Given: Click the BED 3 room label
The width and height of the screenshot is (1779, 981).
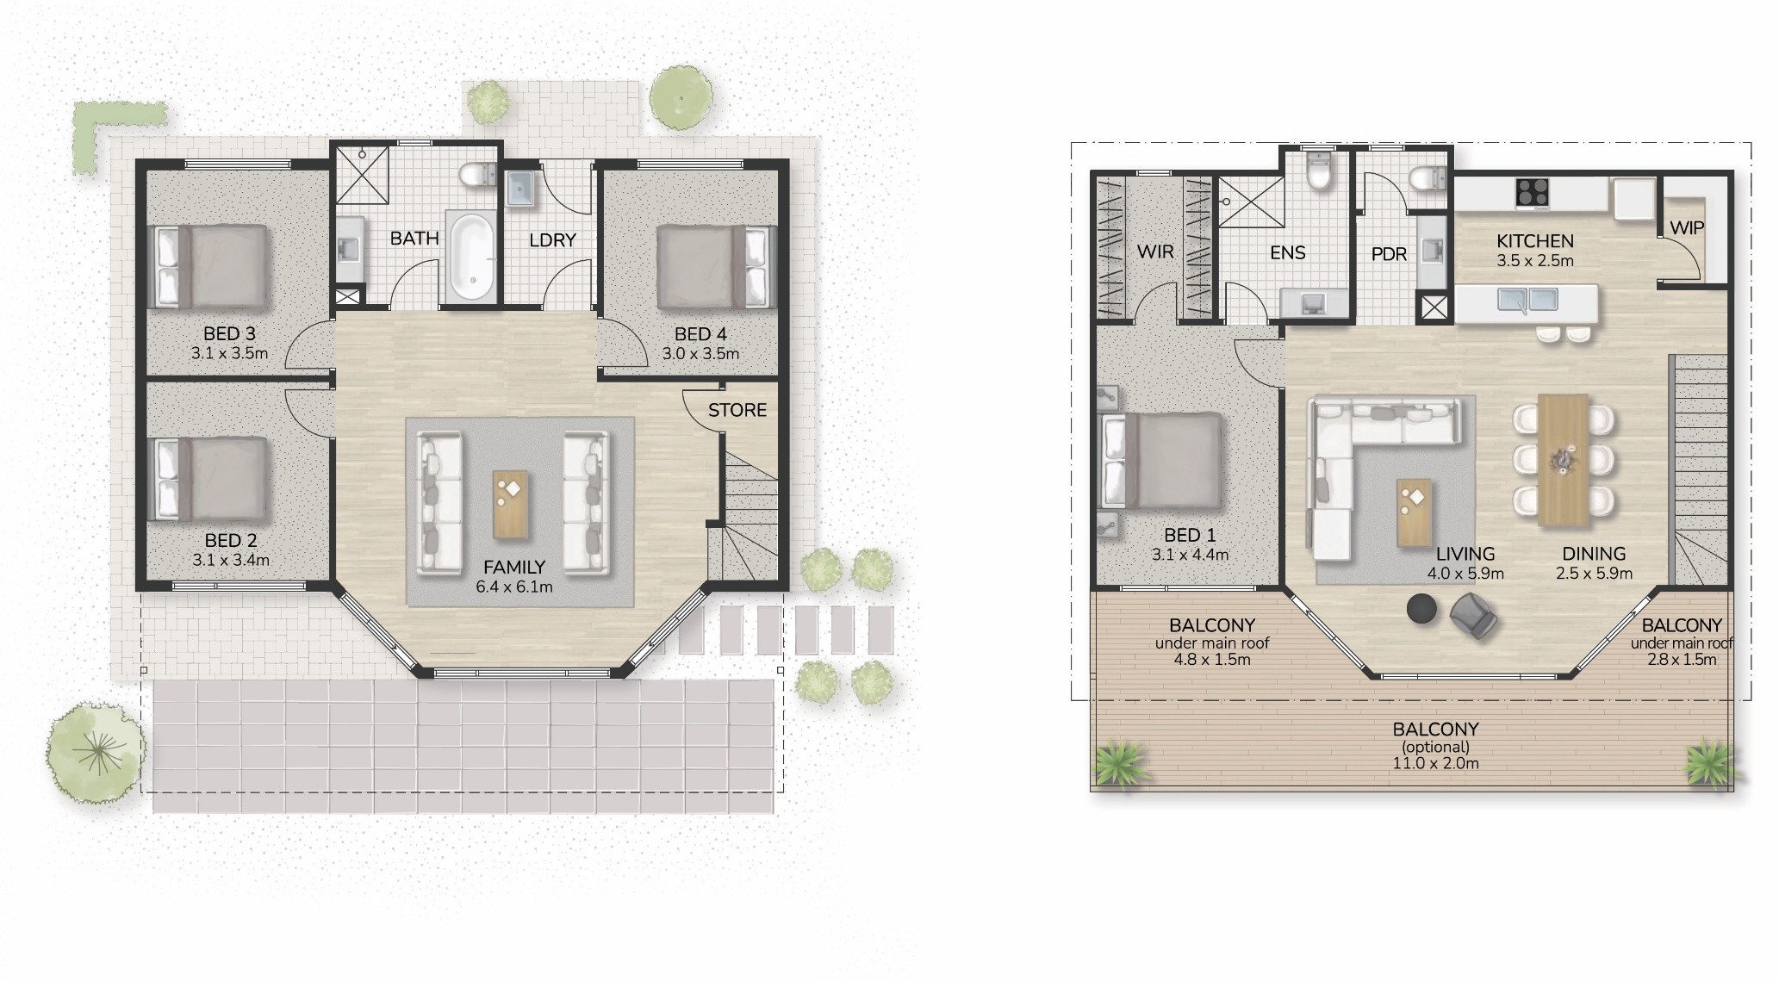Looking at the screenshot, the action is click(229, 334).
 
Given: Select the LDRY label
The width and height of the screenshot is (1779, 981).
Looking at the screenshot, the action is click(552, 240).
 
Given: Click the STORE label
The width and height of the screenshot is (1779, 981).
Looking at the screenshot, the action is click(737, 410).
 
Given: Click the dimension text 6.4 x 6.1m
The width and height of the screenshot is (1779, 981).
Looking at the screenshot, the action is click(514, 587).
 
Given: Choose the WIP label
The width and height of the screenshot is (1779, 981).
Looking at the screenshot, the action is click(1687, 228).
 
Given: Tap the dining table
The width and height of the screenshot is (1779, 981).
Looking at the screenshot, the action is click(1564, 461).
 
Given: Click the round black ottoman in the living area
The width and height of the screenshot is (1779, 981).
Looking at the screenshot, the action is click(1422, 608).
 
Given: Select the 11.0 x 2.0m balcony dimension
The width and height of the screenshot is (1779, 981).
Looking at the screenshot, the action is click(1436, 763).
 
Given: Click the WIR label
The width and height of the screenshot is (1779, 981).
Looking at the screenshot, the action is click(1155, 251).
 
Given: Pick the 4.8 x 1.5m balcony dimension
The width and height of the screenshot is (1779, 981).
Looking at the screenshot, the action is click(1211, 660).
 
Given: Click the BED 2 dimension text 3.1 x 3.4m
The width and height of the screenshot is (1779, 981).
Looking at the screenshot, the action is click(231, 560).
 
